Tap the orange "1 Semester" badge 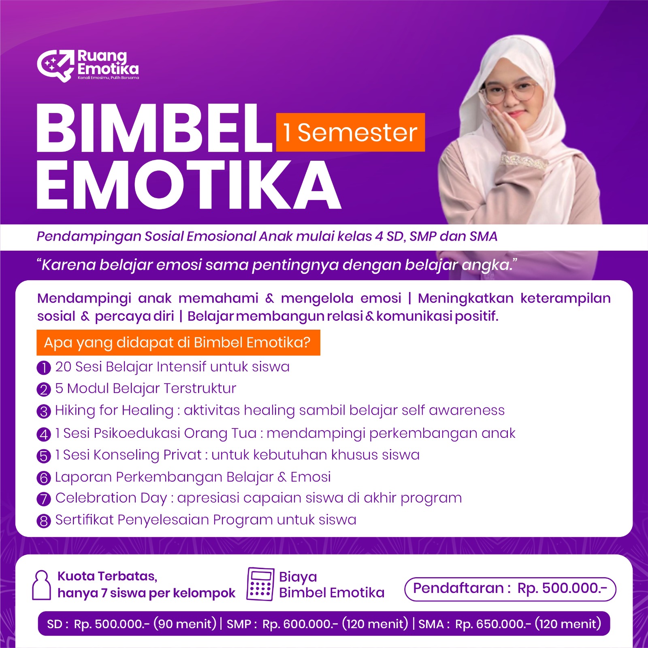(350, 132)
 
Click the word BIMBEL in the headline (154, 128)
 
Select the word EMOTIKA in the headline (189, 184)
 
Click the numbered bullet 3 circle (44, 411)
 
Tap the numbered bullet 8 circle (44, 521)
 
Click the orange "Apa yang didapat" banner (178, 343)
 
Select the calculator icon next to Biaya (260, 584)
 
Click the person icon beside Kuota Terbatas (41, 585)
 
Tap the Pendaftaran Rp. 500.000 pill (510, 589)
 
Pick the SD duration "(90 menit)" (185, 624)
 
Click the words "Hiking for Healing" (114, 411)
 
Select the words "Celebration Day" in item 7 (111, 499)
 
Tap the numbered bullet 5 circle (44, 456)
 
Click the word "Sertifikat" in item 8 (84, 520)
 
